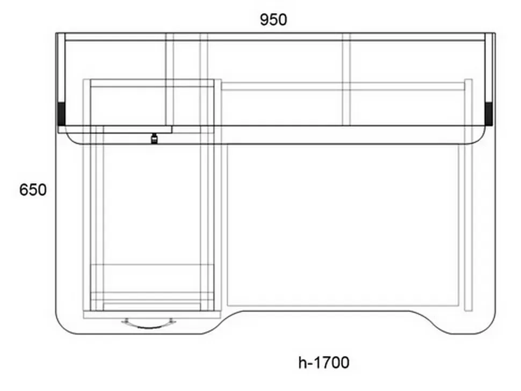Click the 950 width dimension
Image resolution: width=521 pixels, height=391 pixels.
273,19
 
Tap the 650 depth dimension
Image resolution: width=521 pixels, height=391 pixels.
33,190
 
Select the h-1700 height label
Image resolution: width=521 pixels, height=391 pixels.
324,363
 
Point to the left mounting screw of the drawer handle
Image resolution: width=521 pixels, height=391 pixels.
126,321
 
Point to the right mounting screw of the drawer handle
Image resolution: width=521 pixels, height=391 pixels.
171,321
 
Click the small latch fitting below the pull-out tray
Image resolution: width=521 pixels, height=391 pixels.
154,138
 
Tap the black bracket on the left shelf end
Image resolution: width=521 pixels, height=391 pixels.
61,114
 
